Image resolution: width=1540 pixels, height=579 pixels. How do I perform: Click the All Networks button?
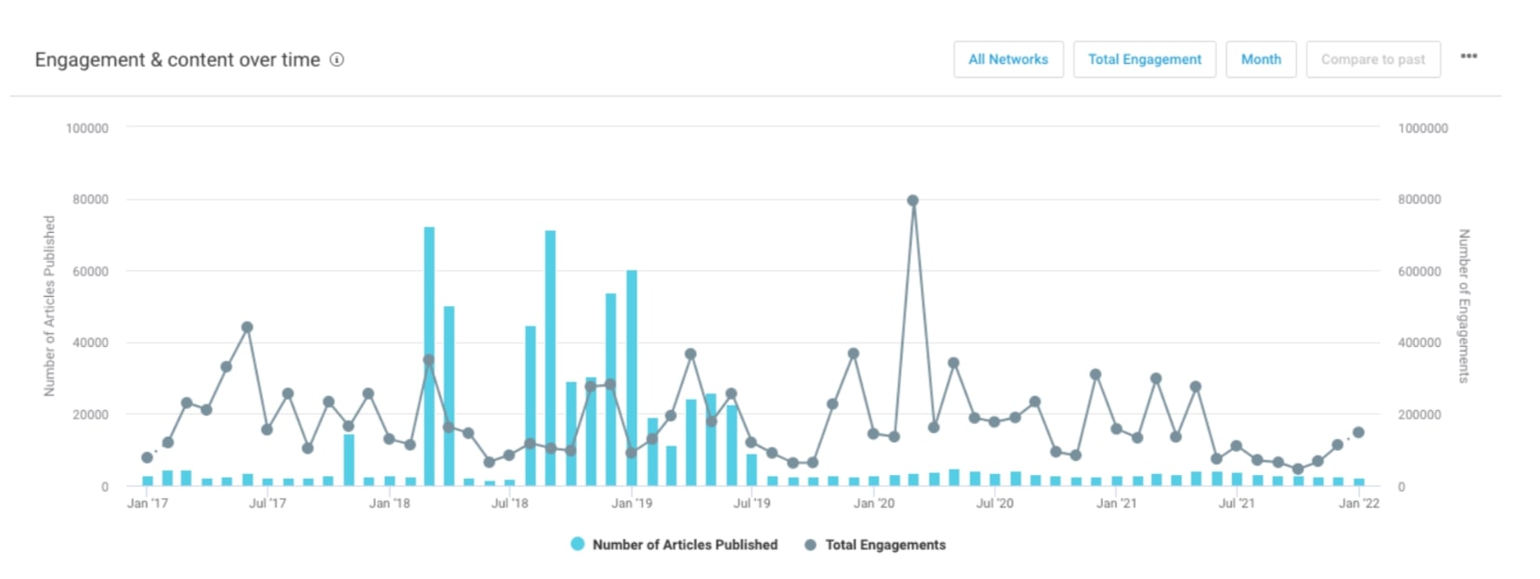pyautogui.click(x=1008, y=59)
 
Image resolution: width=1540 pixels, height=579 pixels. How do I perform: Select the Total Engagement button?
pyautogui.click(x=1144, y=59)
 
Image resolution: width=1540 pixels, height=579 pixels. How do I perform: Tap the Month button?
pyautogui.click(x=1261, y=59)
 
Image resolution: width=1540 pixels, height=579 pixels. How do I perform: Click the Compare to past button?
pyautogui.click(x=1373, y=59)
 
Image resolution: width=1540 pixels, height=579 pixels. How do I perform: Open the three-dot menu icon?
pyautogui.click(x=1469, y=57)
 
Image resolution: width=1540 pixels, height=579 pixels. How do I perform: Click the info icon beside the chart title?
pyautogui.click(x=337, y=59)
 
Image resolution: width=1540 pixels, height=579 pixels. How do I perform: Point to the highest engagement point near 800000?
pyautogui.click(x=913, y=200)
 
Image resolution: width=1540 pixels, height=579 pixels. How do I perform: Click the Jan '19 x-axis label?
pyautogui.click(x=632, y=503)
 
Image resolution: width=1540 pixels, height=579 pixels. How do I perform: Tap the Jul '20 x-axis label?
pyautogui.click(x=995, y=503)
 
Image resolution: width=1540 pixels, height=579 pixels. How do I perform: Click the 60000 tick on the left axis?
pyautogui.click(x=90, y=271)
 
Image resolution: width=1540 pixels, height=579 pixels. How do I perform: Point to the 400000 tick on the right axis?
pyautogui.click(x=1419, y=342)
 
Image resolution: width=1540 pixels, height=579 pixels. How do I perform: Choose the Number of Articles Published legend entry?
pyautogui.click(x=674, y=545)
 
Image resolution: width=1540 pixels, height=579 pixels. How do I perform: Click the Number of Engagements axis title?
pyautogui.click(x=1464, y=306)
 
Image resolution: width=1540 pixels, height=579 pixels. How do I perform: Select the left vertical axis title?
pyautogui.click(x=49, y=306)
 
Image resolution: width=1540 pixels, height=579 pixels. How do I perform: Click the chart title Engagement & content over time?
pyautogui.click(x=177, y=59)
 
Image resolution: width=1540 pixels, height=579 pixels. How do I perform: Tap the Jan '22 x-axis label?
pyautogui.click(x=1358, y=503)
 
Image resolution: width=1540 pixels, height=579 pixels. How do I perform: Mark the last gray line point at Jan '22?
pyautogui.click(x=1358, y=432)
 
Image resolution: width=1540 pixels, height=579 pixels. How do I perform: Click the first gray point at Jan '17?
pyautogui.click(x=147, y=457)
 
